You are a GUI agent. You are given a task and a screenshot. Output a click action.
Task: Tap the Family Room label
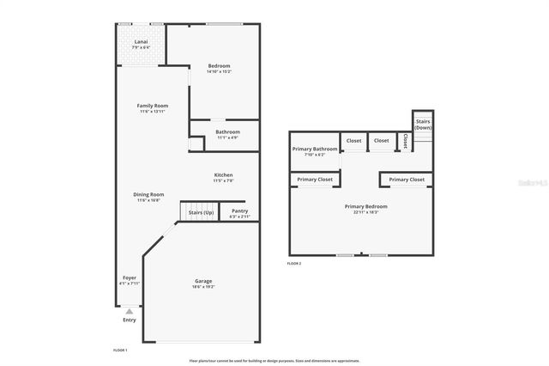coord(153,106)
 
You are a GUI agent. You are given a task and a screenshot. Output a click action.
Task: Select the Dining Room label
coord(148,194)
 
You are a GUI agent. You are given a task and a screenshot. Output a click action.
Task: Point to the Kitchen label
coord(223,175)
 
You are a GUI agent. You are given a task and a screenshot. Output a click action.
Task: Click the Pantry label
coord(240,210)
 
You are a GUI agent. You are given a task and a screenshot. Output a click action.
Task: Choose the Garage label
coord(203,281)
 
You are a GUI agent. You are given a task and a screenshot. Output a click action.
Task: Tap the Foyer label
coord(130,278)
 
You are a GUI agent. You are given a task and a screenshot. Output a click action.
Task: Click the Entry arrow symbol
coord(130,311)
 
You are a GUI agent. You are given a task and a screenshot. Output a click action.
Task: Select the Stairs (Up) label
coord(202,210)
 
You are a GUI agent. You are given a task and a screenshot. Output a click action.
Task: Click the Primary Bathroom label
coord(314,149)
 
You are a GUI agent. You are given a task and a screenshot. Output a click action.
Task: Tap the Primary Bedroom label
coord(366,206)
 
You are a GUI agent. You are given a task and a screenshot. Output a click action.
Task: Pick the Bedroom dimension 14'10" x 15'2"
coord(219,72)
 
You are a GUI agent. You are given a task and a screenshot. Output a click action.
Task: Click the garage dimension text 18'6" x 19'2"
coord(203,287)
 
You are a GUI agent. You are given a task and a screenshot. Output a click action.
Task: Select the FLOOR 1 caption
coord(121,351)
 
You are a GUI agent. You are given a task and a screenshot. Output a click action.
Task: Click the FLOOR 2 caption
coord(294,264)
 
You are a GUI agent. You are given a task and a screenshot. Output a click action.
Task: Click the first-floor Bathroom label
coord(227,131)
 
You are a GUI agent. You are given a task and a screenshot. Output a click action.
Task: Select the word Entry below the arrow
coord(130,320)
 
